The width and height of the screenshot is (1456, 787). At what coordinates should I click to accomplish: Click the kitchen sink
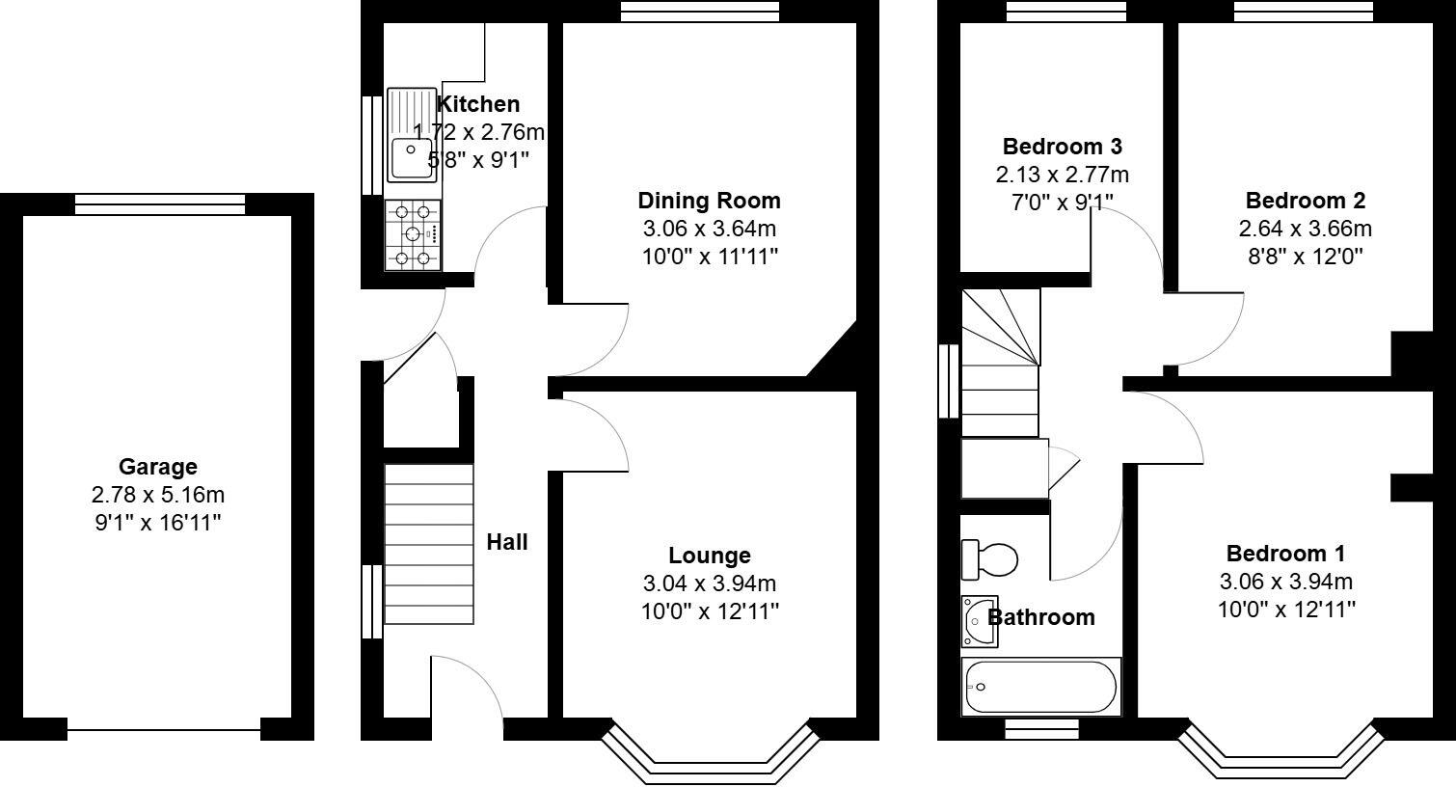click(412, 135)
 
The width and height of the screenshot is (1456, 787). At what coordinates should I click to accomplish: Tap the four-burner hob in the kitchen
click(413, 234)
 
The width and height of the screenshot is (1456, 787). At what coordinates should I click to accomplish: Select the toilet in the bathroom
click(990, 559)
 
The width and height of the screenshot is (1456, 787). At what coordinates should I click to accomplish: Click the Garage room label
click(157, 467)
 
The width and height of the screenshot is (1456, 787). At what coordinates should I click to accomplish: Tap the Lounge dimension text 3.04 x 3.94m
click(709, 583)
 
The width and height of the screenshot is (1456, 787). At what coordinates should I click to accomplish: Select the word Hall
click(506, 542)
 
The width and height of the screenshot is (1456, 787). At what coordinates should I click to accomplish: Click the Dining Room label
click(709, 201)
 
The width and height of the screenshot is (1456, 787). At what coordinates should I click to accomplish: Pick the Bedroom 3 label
click(1062, 147)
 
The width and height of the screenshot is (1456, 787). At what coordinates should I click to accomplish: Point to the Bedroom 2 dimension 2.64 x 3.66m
click(1305, 229)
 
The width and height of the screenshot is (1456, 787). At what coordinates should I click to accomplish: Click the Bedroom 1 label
click(1285, 554)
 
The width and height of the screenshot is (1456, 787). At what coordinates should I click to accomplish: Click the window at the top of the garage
click(160, 204)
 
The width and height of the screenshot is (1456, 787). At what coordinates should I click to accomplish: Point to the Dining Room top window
click(699, 11)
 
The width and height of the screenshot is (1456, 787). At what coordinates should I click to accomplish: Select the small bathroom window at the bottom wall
click(1041, 729)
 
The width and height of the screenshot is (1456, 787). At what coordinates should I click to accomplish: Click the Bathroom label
click(1041, 617)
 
